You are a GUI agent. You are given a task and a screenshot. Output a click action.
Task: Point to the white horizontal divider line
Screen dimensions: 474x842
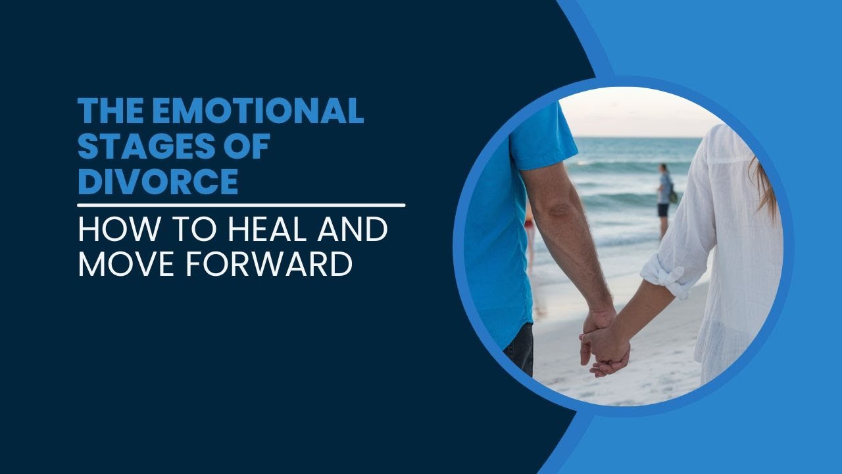tap(241, 205)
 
